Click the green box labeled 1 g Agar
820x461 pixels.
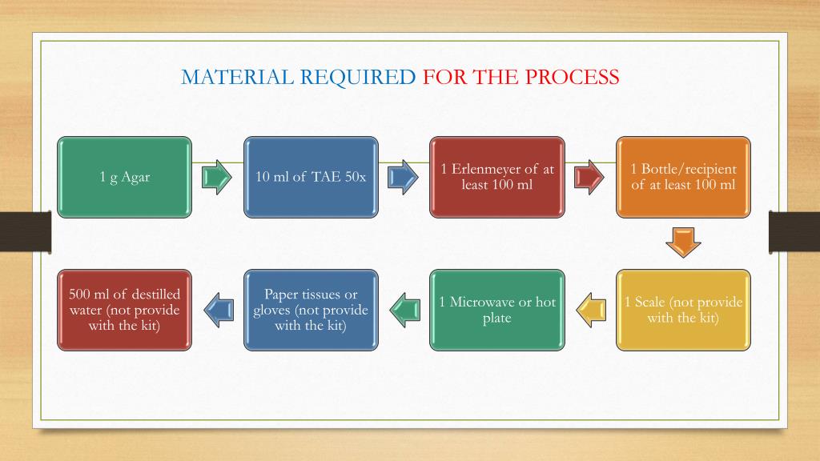124,177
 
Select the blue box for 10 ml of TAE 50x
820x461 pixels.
311,177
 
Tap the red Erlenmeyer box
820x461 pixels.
497,177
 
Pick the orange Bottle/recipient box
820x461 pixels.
683,177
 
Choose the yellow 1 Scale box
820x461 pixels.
683,310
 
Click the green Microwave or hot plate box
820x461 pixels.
497,310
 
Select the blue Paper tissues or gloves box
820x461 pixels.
311,310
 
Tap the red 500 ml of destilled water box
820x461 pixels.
124,310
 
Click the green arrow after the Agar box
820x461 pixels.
217,177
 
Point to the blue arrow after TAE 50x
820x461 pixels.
403,177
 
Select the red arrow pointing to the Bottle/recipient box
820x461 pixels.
589,177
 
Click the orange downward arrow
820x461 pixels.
683,243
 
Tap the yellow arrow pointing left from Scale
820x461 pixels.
591,310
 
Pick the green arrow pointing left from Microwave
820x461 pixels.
404,310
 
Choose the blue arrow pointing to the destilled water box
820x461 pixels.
218,310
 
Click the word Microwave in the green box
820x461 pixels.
485,303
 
